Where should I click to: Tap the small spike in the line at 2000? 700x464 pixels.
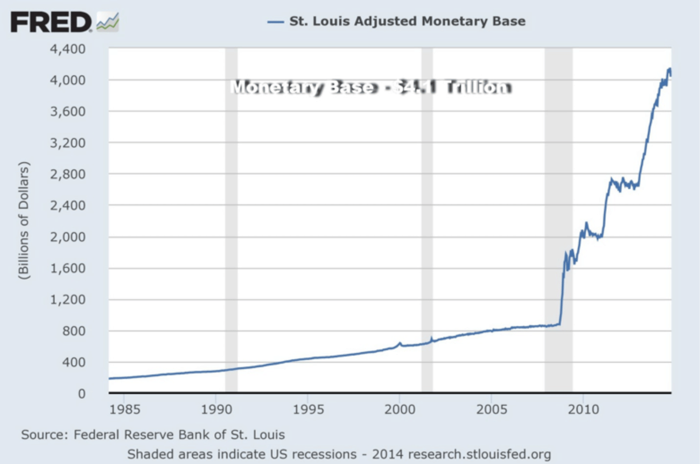coord(400,342)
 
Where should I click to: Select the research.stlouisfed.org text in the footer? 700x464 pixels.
coord(480,454)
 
